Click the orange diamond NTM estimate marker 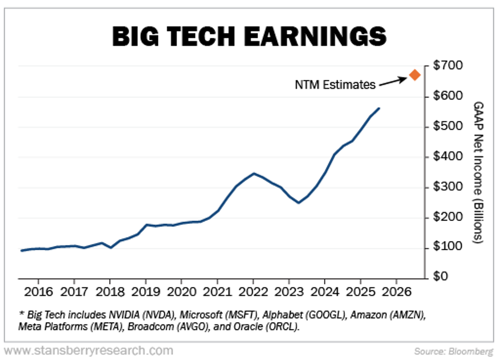pos(415,75)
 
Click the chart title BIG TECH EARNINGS pos(248,36)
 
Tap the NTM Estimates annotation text pos(335,84)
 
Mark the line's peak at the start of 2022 pos(254,173)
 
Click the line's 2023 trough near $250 pos(298,202)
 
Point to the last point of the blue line pos(379,108)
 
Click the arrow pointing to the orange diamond pos(394,81)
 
